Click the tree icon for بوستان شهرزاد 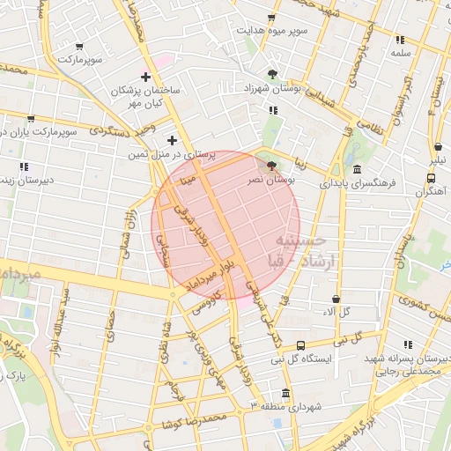271,74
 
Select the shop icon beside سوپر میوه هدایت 271,17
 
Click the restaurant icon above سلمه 401,40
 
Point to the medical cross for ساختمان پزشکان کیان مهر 145,77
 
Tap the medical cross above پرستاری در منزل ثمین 172,140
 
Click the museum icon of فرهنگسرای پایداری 357,170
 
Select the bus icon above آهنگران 430,178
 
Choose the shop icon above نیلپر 438,147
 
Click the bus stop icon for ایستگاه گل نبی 301,345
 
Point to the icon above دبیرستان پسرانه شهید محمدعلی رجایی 407,345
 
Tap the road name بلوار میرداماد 211,271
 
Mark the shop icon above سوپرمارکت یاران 31,118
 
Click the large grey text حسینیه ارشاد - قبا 299,249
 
